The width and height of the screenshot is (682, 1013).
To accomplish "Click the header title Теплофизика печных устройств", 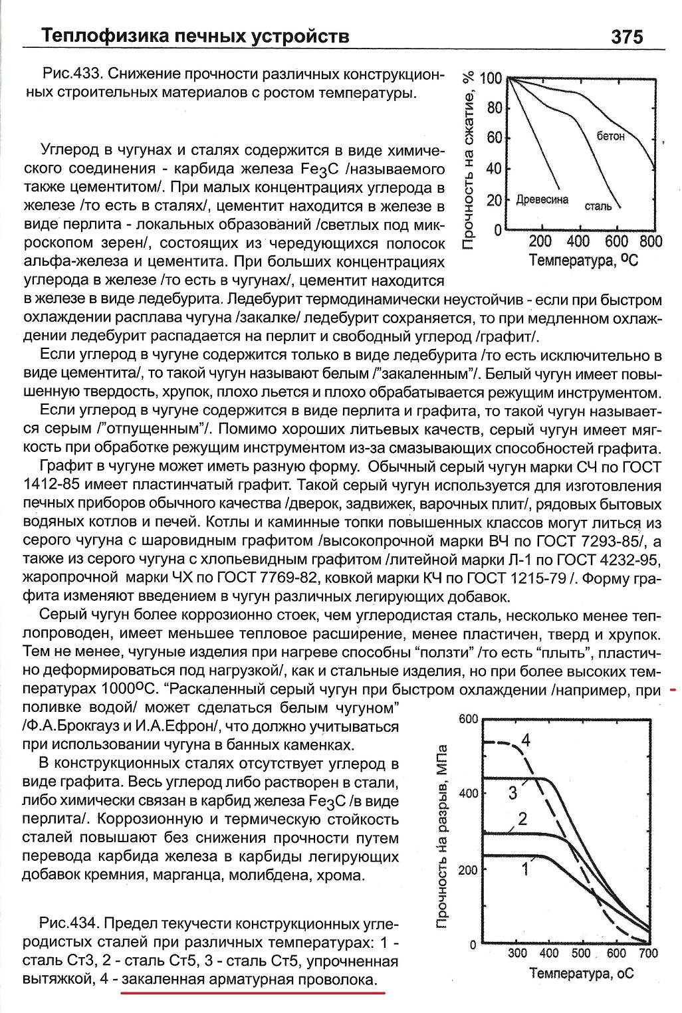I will pyautogui.click(x=195, y=35).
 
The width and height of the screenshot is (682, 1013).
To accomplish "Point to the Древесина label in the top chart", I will pyautogui.click(x=542, y=199).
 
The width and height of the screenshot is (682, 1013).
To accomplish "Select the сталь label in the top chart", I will pyautogui.click(x=598, y=206).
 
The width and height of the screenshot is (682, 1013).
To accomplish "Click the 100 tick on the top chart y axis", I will pyautogui.click(x=491, y=79).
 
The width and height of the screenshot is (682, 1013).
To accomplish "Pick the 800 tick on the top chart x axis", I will pyautogui.click(x=651, y=241).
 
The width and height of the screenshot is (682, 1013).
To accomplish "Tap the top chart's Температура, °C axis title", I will pyautogui.click(x=583, y=260).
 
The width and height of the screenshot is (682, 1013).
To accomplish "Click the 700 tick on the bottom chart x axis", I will pyautogui.click(x=647, y=954).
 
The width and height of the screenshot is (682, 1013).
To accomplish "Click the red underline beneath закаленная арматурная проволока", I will pyautogui.click(x=253, y=993).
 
